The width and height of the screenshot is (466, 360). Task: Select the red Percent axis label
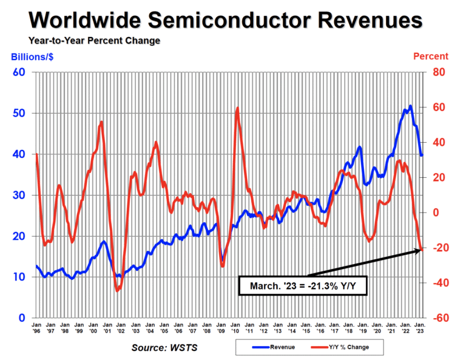(431, 56)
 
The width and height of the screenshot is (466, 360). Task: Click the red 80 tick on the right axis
(438, 72)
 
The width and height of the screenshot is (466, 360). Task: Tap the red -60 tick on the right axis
(438, 318)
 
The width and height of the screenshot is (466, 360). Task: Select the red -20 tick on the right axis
(438, 248)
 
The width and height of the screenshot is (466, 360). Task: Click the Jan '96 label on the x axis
(36, 330)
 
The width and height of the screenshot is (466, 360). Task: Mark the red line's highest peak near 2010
(237, 108)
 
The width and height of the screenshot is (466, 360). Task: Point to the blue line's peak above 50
(411, 106)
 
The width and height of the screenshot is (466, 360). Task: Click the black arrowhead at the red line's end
(420, 249)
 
